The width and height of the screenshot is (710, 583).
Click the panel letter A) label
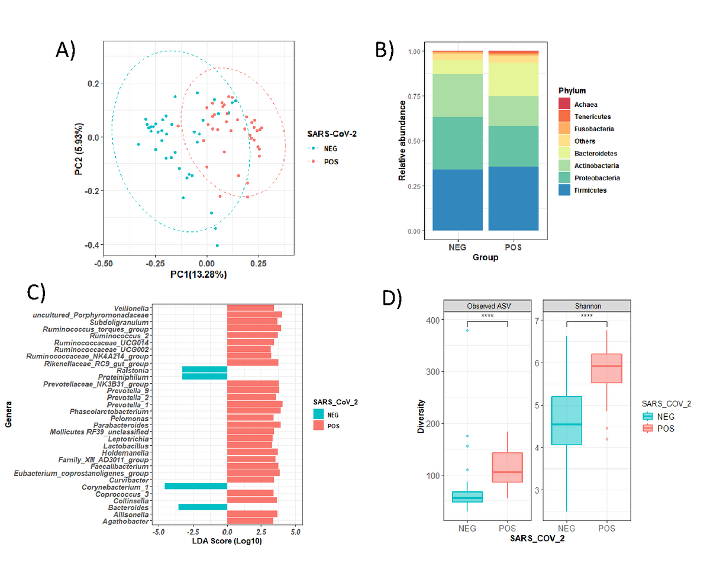[x=66, y=51]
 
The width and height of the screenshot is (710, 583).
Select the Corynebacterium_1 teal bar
[x=196, y=486]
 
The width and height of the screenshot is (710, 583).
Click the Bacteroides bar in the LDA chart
[x=203, y=507]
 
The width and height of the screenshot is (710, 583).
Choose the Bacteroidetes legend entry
[x=595, y=153]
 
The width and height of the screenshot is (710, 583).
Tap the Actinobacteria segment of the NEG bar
[x=457, y=95]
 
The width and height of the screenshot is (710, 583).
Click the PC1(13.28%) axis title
[x=199, y=274]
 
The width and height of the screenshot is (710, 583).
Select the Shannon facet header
[x=587, y=306]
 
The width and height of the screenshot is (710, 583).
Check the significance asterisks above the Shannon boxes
[x=587, y=316]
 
